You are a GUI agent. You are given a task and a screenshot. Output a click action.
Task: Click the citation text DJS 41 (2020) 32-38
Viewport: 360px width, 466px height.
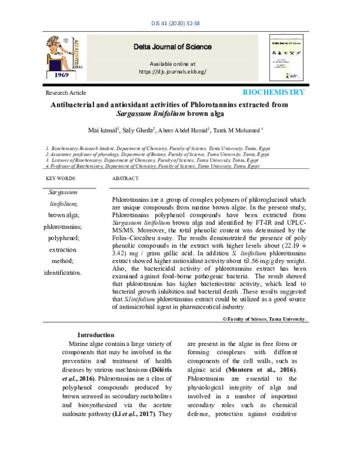[180, 25]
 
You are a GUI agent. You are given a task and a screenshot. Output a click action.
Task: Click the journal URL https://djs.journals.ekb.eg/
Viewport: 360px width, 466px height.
[172, 71]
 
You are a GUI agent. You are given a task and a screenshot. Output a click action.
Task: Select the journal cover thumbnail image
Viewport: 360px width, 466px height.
[286, 58]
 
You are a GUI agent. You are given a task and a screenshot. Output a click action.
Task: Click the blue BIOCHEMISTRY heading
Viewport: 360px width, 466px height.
[273, 92]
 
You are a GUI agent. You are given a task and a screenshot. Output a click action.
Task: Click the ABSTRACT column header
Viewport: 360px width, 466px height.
[125, 179]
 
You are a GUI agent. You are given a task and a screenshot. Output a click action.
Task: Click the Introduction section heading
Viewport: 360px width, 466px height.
[96, 334]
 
